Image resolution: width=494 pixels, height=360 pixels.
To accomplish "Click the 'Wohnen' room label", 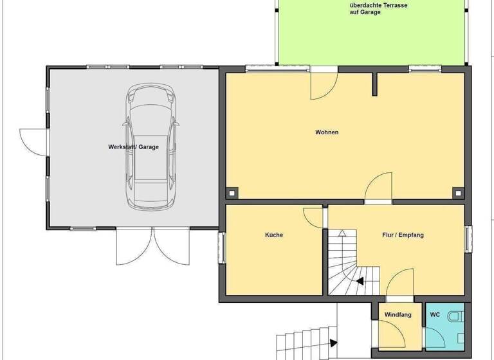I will coord(326,132).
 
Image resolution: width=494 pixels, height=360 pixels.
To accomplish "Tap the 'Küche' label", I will coord(274,235).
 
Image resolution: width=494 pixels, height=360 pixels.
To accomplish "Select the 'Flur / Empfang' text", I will coord(403,235).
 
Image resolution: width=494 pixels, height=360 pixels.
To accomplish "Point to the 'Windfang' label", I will coord(398,315).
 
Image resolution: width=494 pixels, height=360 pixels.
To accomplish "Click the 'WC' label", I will coord(435,315).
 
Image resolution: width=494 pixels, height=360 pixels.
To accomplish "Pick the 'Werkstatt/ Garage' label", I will coord(133,147).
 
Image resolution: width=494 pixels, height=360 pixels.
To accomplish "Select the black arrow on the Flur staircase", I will coord(358,280).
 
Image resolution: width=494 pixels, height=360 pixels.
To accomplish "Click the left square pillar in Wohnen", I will coord(232,192).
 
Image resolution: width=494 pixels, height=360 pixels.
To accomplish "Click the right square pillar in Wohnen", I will coord(457,192).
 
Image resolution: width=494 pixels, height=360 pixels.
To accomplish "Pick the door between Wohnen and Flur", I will coord(379,190).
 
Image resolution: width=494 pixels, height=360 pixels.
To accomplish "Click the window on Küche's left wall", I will coord(222,248).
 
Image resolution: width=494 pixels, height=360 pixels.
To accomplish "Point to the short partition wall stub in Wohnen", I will coord(374,84).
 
